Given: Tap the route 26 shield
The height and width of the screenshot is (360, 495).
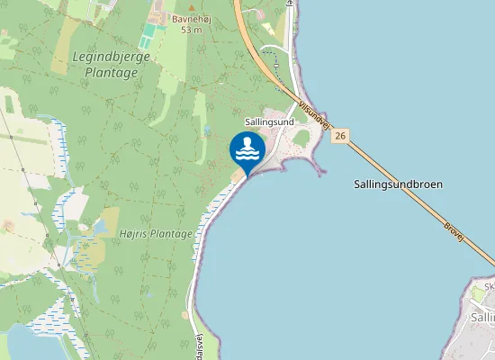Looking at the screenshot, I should pos(339,136).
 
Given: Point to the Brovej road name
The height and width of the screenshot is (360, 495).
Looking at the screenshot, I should pos(454,229).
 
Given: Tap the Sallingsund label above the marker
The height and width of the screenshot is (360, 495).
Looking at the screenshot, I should pos(270,121).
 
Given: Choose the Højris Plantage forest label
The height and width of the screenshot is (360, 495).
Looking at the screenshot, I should pos(156,234).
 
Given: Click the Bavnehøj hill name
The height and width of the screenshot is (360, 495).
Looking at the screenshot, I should pos(191,18).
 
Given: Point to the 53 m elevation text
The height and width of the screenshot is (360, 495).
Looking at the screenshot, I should pos(191,30).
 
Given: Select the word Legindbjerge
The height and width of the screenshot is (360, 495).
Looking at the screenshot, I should pos(111,57).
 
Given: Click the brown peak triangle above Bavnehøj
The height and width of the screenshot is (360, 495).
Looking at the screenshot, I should pos(191,7).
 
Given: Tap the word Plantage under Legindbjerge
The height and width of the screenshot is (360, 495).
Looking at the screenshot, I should pos(111,73).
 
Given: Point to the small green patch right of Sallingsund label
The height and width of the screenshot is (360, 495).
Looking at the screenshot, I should pos(301,136).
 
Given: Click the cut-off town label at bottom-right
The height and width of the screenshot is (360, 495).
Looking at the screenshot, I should pos(482,317).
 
